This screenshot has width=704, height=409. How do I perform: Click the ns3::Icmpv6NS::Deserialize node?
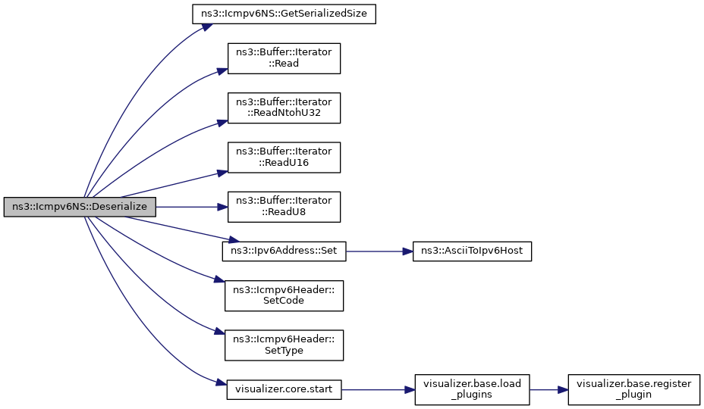[x=80, y=207]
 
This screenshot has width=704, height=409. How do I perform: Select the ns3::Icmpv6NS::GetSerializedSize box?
[x=284, y=14]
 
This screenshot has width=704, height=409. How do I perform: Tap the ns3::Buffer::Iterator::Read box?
[x=284, y=58]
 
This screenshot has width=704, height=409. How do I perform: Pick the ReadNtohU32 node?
[x=284, y=108]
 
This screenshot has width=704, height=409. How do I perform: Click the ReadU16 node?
[x=284, y=158]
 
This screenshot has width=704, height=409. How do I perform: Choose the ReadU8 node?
[x=284, y=207]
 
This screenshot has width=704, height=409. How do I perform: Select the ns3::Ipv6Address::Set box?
[x=284, y=251]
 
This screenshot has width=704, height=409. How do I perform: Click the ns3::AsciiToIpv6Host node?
[x=473, y=251]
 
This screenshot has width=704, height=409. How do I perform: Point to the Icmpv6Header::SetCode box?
[x=284, y=295]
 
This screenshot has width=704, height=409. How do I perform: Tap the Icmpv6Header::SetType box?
[x=284, y=345]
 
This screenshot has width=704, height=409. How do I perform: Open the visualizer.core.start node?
[x=284, y=390]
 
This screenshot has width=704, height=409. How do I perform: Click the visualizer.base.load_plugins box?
[x=473, y=390]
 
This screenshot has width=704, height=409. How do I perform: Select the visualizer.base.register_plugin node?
[x=634, y=390]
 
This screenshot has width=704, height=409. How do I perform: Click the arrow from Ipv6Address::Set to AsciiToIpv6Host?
[x=379, y=251]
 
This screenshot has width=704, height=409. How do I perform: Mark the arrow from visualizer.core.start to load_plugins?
[x=378, y=390]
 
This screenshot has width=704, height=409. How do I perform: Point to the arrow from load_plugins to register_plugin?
[x=548, y=390]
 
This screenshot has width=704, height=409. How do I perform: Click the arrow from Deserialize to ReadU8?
[x=192, y=207]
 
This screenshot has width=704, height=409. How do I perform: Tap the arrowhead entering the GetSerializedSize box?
[x=206, y=27]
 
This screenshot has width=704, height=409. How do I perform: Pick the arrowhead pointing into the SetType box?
[x=219, y=333]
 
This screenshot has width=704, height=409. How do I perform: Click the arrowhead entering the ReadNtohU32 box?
[x=222, y=122]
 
